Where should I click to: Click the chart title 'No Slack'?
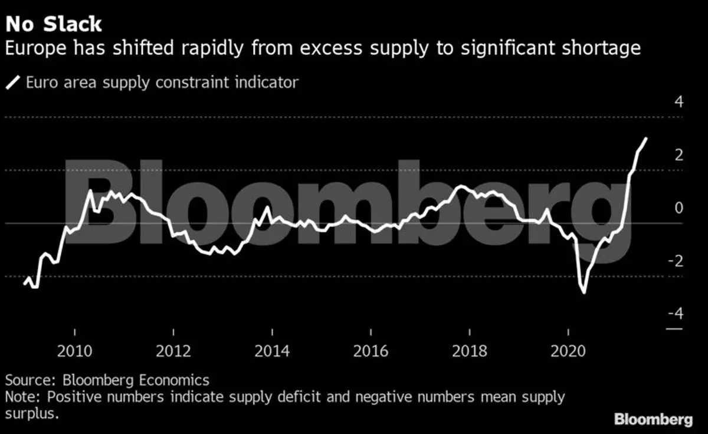click(x=54, y=24)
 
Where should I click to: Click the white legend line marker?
click(x=13, y=83)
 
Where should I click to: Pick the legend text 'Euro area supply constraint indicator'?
click(x=162, y=82)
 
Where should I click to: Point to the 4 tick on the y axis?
click(x=678, y=102)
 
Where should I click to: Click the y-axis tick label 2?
click(x=678, y=155)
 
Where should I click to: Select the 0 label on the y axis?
click(x=678, y=208)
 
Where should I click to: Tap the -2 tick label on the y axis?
click(x=676, y=261)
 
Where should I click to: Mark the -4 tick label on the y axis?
click(x=676, y=313)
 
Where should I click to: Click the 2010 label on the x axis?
click(x=75, y=352)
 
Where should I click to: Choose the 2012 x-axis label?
click(x=173, y=352)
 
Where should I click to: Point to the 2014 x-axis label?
click(x=272, y=352)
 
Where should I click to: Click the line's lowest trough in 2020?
click(x=584, y=292)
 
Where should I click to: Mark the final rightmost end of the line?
click(x=646, y=139)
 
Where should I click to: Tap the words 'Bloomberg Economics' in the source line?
click(x=137, y=380)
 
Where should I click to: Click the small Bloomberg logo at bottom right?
click(x=653, y=419)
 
